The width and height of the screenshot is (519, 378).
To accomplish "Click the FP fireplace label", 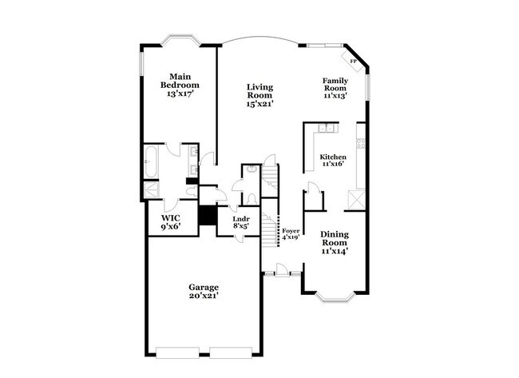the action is pyautogui.click(x=353, y=62).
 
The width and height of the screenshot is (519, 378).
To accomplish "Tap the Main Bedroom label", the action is pyautogui.click(x=180, y=81).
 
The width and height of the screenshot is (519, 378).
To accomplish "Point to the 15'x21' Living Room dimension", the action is pyautogui.click(x=259, y=104).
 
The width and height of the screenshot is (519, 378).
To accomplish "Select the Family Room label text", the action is pyautogui.click(x=335, y=84).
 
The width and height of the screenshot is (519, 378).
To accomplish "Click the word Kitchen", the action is pyautogui.click(x=333, y=157).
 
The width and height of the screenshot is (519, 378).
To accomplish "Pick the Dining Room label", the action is pyautogui.click(x=335, y=238).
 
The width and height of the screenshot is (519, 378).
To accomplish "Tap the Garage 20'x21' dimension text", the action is pyautogui.click(x=204, y=296).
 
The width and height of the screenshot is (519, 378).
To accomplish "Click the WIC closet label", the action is pyautogui.click(x=171, y=218).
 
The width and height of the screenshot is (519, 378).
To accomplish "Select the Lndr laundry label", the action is pyautogui.click(x=241, y=219).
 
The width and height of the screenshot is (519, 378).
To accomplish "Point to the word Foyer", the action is pyautogui.click(x=291, y=231).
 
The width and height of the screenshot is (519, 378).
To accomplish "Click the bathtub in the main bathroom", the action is pyautogui.click(x=151, y=161).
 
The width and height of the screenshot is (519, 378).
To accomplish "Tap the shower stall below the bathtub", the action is pyautogui.click(x=152, y=190).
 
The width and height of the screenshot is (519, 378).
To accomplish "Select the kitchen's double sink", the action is pyautogui.click(x=327, y=128).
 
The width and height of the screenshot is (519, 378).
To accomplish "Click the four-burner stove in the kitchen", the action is pyautogui.click(x=360, y=143).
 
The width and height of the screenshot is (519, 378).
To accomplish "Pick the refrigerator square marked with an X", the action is pyautogui.click(x=356, y=200).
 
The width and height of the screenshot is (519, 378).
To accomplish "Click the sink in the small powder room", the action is pyautogui.click(x=252, y=169).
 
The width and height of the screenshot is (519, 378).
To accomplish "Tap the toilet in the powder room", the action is pyautogui.click(x=252, y=199).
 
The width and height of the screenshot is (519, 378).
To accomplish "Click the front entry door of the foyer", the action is pyautogui.click(x=282, y=269).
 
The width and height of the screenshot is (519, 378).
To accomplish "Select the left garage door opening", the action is pyautogui.click(x=178, y=352).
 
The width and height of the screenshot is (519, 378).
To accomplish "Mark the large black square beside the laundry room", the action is pyautogui.click(x=208, y=216).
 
